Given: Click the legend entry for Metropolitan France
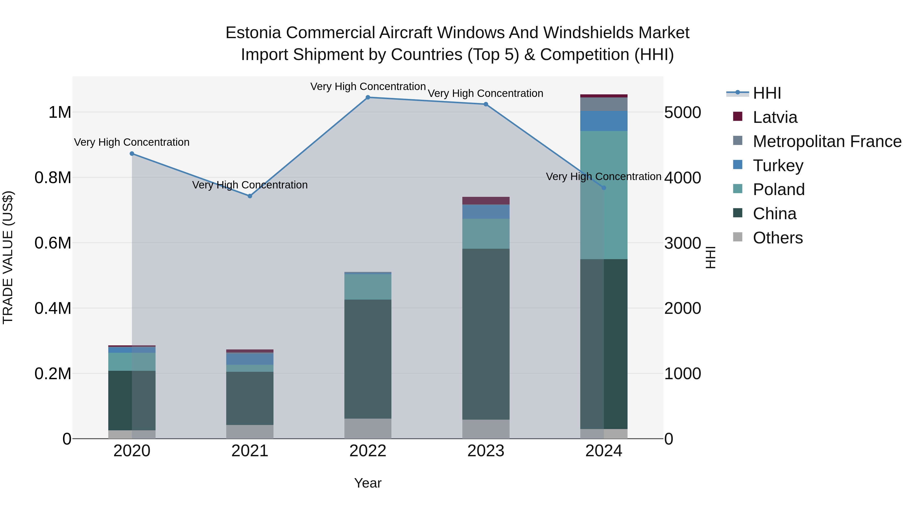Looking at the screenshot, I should coord(827,141).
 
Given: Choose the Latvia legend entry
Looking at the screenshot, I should coord(775,117).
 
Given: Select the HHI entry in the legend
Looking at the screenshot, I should coord(767,93).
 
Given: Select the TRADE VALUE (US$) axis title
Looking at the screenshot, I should coord(8,257).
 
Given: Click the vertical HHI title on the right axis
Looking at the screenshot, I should coord(710,257).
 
